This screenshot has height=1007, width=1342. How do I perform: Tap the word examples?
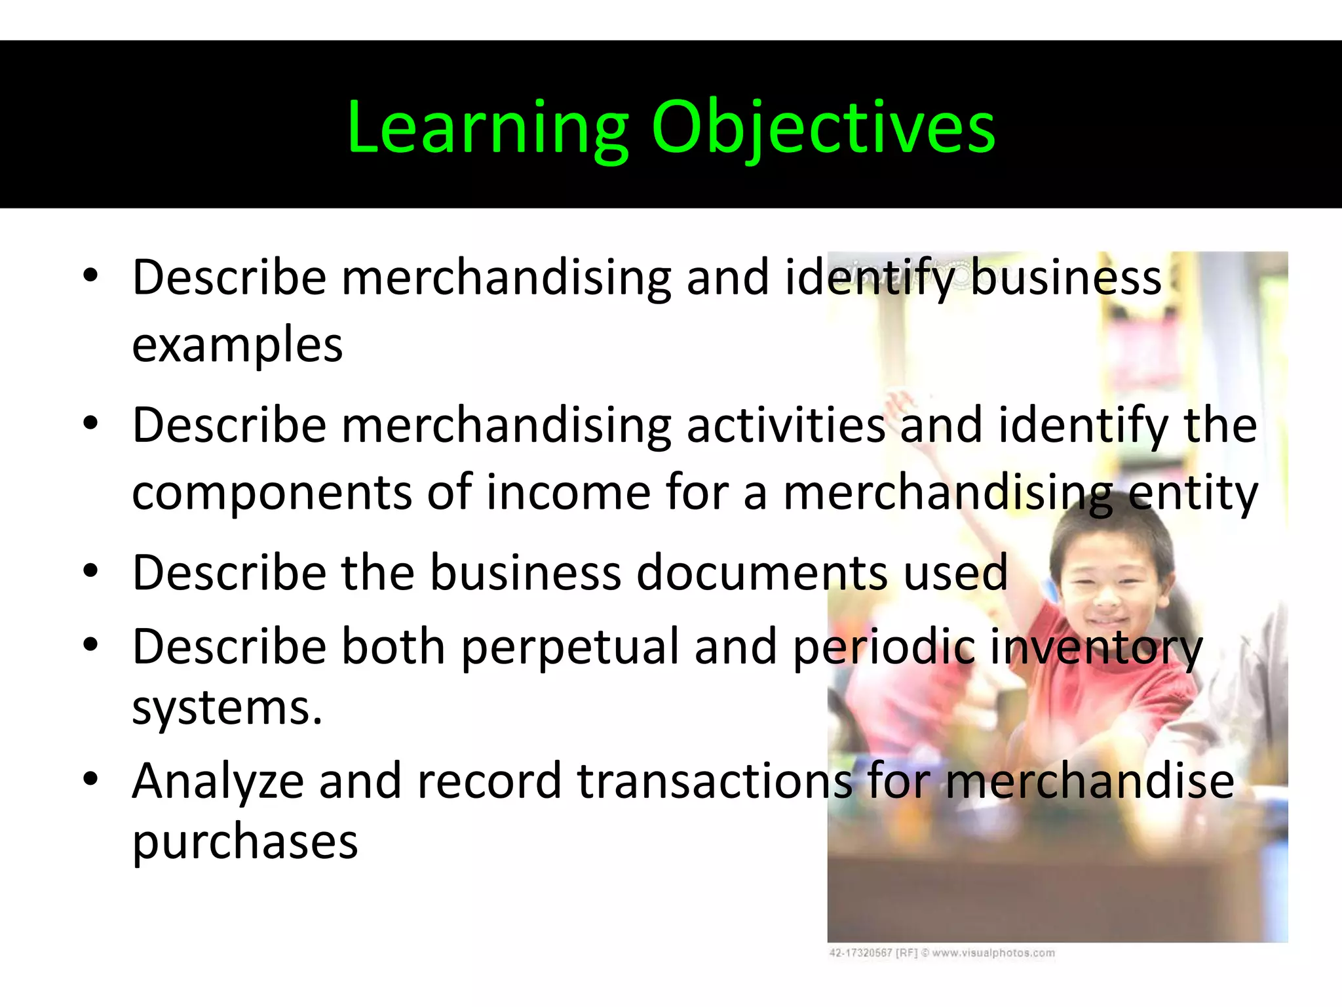[237, 346]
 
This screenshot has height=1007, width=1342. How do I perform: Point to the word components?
[272, 493]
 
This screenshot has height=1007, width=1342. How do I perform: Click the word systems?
[227, 708]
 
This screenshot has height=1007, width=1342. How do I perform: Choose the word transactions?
[714, 781]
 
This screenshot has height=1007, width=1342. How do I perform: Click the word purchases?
[245, 842]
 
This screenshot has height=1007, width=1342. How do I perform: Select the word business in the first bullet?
[1065, 277]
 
